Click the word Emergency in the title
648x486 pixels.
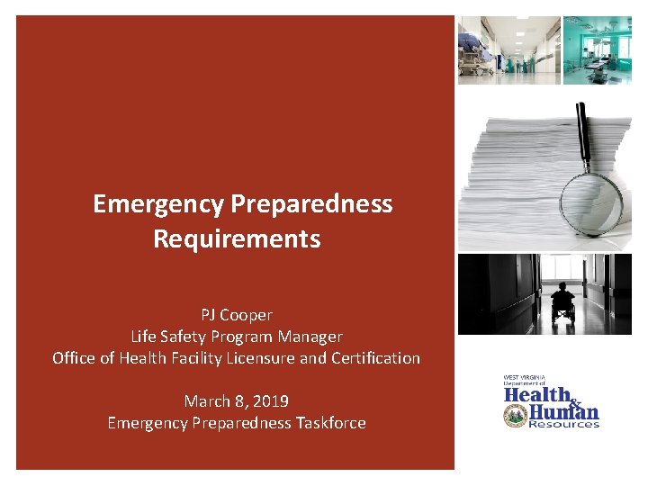tap(157, 204)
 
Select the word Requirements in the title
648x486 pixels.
tap(237, 239)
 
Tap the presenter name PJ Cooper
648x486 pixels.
tap(237, 315)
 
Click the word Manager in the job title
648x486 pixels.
tap(312, 337)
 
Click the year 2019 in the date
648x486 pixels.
tap(270, 400)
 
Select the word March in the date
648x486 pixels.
tap(204, 400)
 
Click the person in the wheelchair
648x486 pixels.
tap(562, 304)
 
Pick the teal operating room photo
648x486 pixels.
tap(598, 50)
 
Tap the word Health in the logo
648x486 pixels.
tap(537, 395)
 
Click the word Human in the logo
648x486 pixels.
tap(563, 412)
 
